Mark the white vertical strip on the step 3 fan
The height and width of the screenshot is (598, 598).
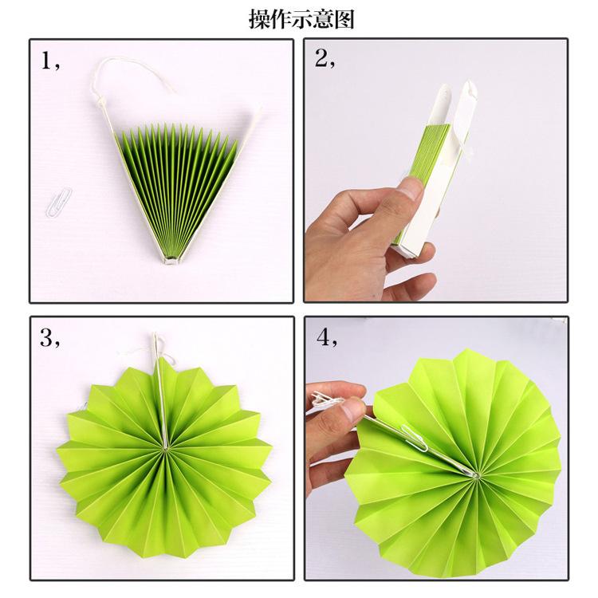coord(162,407)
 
